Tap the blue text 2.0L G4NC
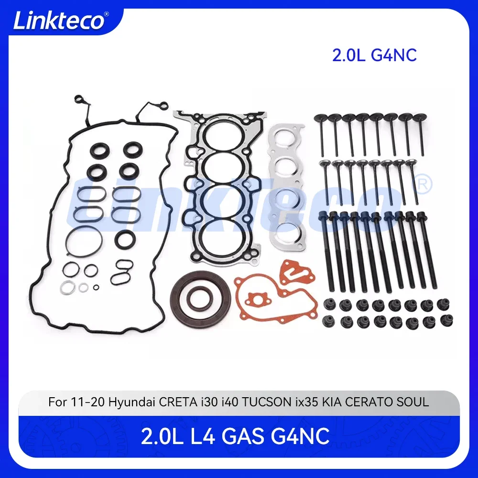tap(374, 55)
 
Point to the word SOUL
tap(413, 402)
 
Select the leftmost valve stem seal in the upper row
tap(329, 304)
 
